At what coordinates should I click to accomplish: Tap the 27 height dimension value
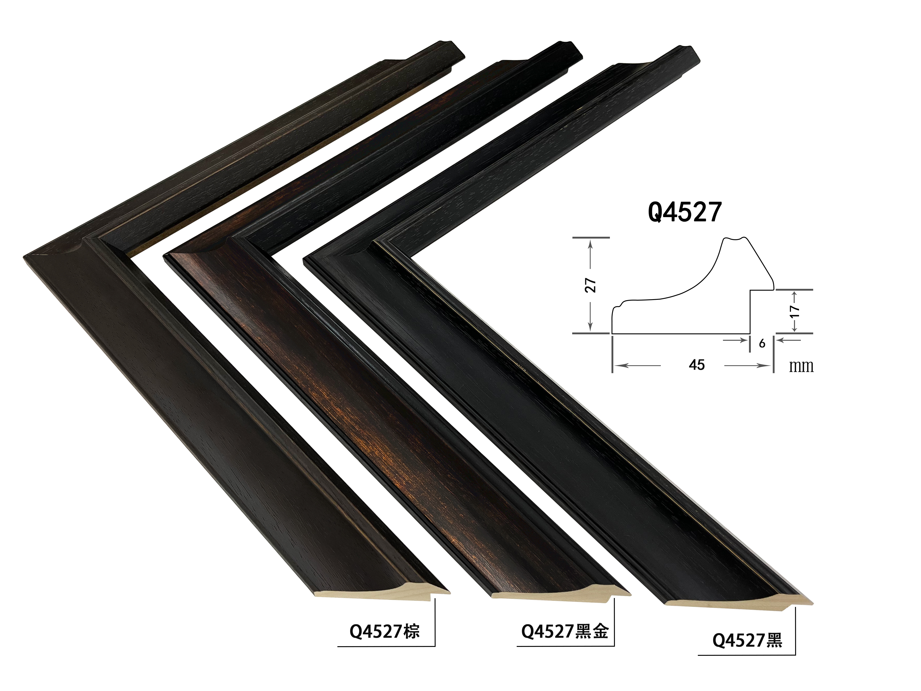pos(591,285)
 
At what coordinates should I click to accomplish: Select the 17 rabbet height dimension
pos(794,311)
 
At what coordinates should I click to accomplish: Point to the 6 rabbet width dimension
pos(762,343)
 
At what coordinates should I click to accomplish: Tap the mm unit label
pos(801,366)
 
